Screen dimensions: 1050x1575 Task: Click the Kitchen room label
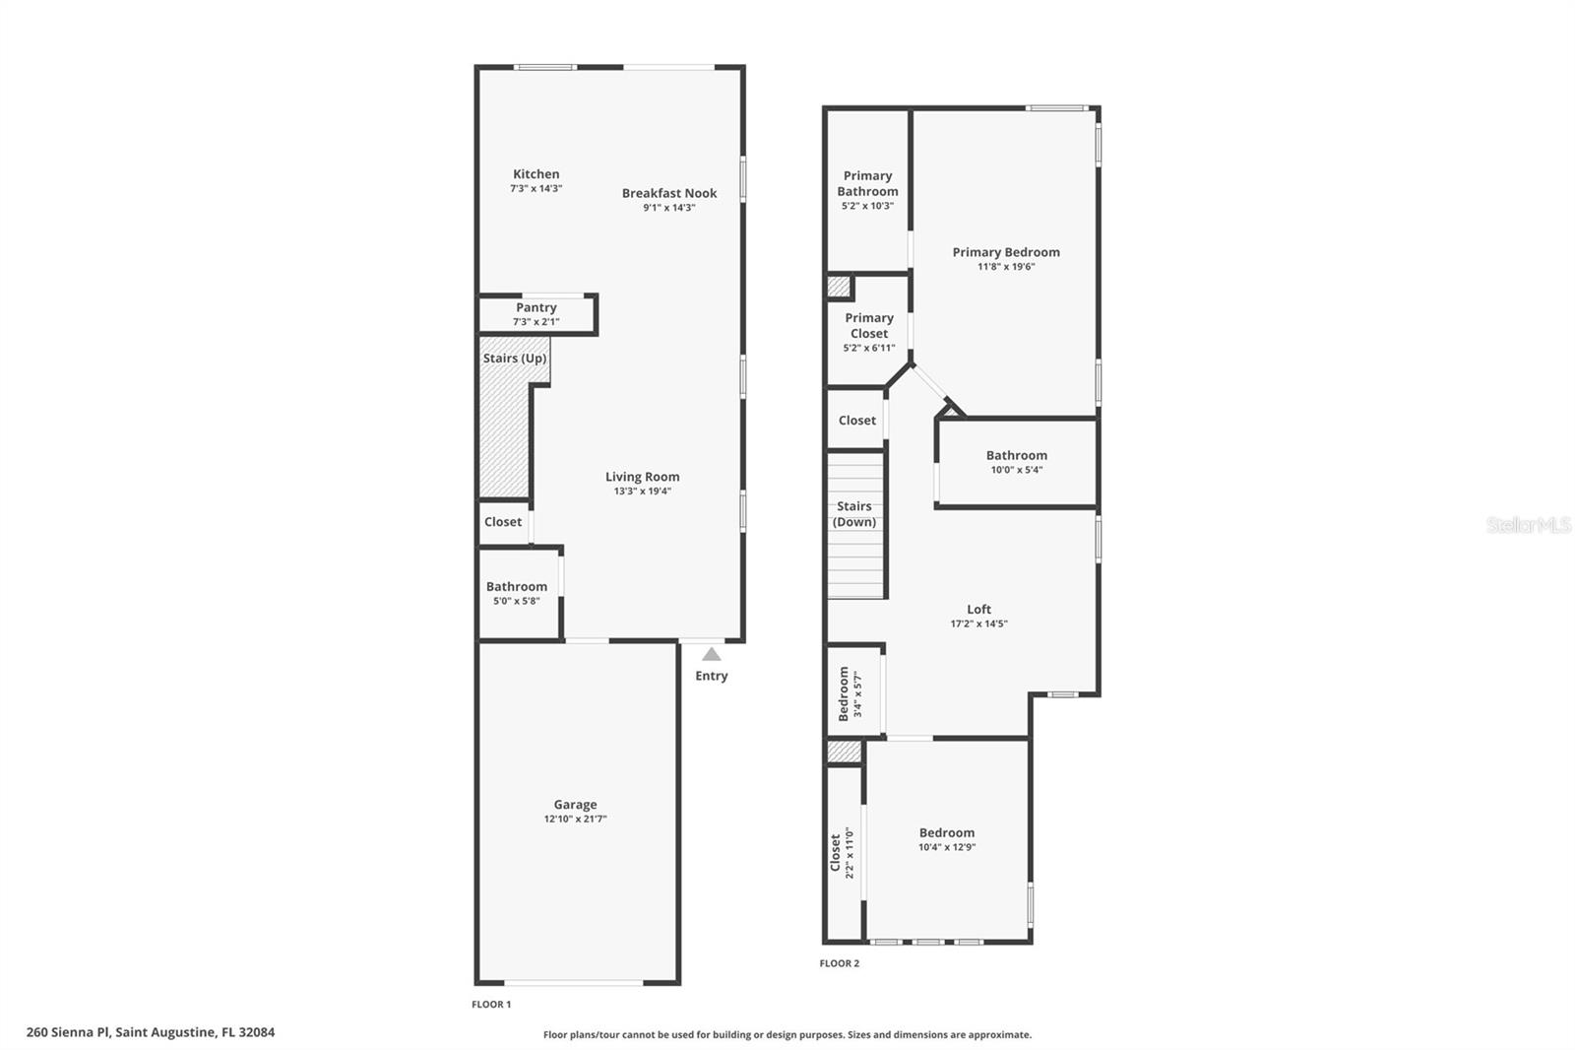click(x=535, y=174)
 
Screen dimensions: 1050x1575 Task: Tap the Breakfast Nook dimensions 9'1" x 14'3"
click(x=669, y=208)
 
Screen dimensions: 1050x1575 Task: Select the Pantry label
click(x=535, y=307)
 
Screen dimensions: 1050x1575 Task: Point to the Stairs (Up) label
click(x=514, y=359)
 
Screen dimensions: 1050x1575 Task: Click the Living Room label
click(x=642, y=477)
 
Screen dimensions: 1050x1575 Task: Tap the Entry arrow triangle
click(x=711, y=654)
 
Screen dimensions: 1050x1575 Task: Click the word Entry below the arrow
click(x=711, y=676)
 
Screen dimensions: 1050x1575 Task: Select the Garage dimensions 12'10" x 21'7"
click(x=575, y=819)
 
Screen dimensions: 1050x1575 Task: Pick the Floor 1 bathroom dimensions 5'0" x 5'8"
click(x=516, y=601)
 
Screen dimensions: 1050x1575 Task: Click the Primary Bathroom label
click(x=867, y=183)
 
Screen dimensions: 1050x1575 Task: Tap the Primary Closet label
click(x=869, y=325)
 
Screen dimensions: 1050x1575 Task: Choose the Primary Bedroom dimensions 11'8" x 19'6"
click(x=1006, y=267)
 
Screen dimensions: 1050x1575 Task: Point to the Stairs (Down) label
click(x=853, y=514)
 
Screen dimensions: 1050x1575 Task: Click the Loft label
click(x=978, y=609)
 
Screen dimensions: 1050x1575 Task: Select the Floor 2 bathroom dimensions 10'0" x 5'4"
click(x=1016, y=470)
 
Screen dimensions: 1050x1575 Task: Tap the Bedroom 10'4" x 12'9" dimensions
click(x=947, y=847)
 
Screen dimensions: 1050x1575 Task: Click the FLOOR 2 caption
click(x=839, y=963)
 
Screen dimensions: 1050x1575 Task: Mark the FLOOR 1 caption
click(x=491, y=1005)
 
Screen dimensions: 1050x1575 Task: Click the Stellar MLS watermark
click(x=1528, y=525)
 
